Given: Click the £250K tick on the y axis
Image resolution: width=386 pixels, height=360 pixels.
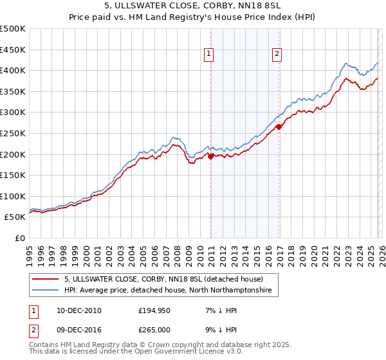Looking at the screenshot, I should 14,133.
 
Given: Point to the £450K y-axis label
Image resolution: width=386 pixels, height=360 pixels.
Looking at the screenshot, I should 14,50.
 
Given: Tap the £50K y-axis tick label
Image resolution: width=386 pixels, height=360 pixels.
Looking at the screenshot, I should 15,217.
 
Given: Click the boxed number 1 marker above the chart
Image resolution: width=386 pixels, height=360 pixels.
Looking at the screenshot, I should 210,55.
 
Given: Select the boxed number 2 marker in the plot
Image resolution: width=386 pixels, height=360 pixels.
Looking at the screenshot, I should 277,55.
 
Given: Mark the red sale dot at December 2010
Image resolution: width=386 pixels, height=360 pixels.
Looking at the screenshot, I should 210,156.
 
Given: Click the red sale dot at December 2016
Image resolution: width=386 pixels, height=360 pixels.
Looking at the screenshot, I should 279,127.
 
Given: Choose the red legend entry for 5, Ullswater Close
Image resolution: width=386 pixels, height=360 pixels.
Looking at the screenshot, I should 163,280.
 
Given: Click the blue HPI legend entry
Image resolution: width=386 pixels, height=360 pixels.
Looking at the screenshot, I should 168,291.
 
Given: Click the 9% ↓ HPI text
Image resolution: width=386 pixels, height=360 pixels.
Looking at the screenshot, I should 217,329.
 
